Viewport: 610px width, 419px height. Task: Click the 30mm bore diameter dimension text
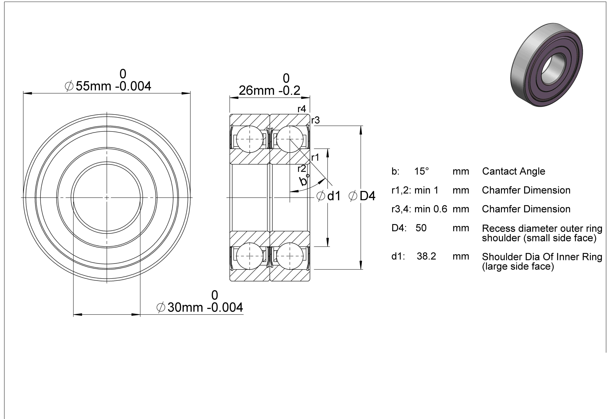(x=200, y=307)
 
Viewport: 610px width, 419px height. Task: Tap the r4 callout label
(x=302, y=109)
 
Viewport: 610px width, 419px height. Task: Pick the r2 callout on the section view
(x=302, y=169)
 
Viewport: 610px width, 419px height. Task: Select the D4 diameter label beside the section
(x=362, y=196)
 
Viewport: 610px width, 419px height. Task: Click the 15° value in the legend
(x=421, y=171)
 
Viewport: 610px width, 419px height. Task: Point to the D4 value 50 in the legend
(x=421, y=228)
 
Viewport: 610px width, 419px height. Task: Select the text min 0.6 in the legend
(x=431, y=209)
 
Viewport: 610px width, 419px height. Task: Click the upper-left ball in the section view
(x=250, y=139)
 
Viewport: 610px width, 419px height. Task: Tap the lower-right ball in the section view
(x=290, y=256)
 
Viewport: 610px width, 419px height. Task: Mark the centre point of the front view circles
(x=107, y=197)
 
